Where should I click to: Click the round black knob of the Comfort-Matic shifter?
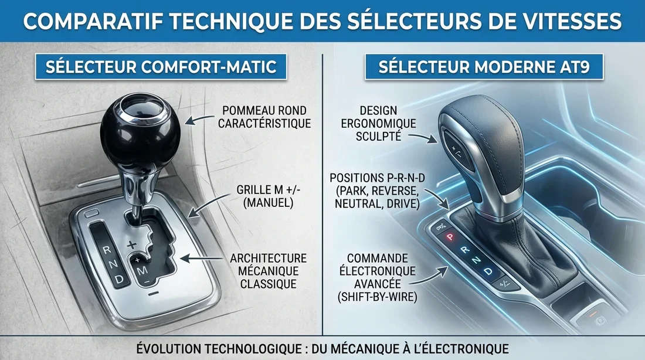click(140, 132)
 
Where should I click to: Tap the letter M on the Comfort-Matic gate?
click(143, 271)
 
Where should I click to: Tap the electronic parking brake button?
click(599, 321)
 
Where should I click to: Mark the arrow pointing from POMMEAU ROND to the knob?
click(199, 119)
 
